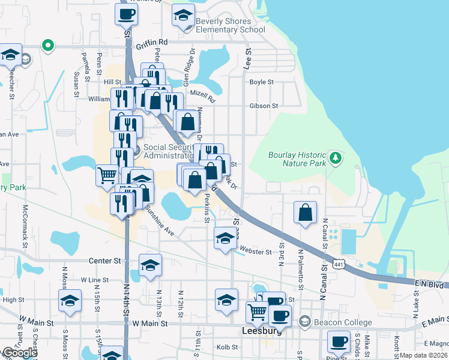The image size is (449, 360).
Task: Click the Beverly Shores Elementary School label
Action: tap(231, 25)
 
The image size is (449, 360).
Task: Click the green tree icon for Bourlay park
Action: tap(336, 158)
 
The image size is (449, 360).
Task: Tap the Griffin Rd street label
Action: tap(151, 43)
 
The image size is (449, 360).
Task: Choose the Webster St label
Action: tap(256, 251)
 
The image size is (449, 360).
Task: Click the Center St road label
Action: tap(105, 261)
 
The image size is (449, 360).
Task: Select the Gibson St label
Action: tap(264, 106)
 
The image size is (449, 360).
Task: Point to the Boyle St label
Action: tap(262, 82)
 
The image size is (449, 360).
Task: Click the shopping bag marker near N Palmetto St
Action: tap(306, 212)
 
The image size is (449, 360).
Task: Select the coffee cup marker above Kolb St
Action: tap(339, 343)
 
